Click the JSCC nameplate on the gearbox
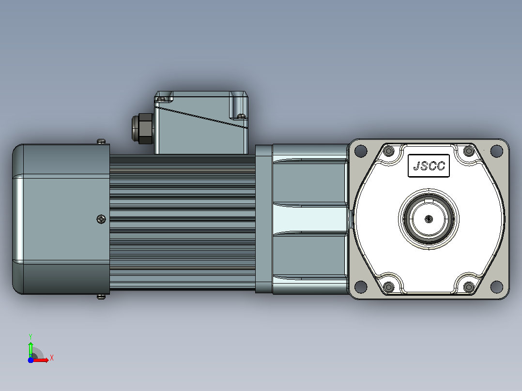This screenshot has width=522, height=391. point(429,165)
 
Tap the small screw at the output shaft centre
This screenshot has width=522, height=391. point(429,219)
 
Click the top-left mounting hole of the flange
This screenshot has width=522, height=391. point(361,151)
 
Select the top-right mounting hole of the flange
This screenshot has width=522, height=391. point(496,151)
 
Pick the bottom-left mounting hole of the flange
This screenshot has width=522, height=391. point(361,286)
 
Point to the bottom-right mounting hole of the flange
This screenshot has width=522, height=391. point(496,286)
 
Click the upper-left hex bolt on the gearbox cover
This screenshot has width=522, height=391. point(388,151)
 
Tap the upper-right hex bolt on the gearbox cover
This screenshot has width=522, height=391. point(469,151)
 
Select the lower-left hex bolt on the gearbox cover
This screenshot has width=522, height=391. point(388,286)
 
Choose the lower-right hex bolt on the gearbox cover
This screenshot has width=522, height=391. point(469,286)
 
